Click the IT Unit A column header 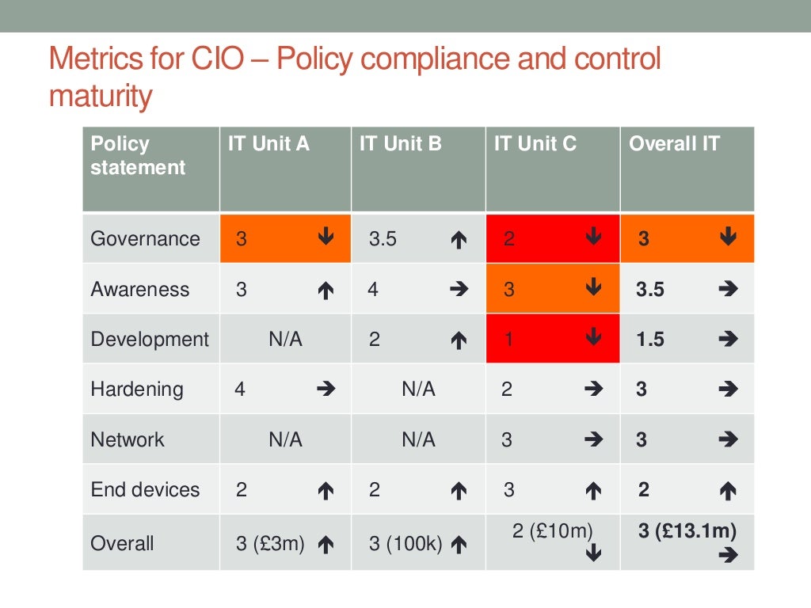click(268, 144)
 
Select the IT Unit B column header click(401, 144)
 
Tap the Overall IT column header click(674, 144)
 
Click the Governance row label click(145, 238)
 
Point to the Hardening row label click(136, 389)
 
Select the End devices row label click(145, 489)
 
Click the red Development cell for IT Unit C click(552, 339)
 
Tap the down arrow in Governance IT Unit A click(326, 237)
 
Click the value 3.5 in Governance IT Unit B click(383, 239)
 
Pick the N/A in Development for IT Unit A click(285, 339)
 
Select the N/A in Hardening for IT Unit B click(418, 389)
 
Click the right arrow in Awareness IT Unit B click(458, 290)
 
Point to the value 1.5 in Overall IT click(650, 340)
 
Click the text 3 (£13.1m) click(687, 531)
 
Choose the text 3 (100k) click(405, 544)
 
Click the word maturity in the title click(100, 96)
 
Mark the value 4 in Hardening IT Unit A click(240, 389)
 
